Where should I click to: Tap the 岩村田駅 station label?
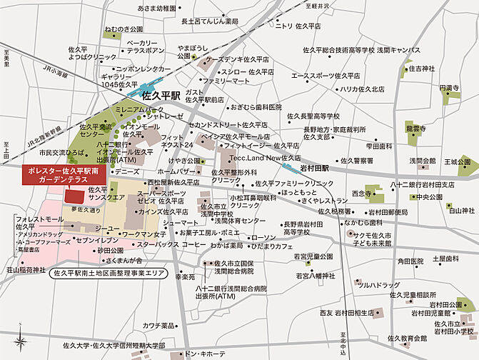point(315,169)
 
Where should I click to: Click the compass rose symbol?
point(22,341)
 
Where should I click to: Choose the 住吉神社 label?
point(421,69)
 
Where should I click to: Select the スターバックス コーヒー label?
point(171,244)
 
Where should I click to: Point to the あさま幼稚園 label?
point(156,9)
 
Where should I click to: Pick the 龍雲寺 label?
point(416,129)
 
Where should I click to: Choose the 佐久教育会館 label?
point(408,339)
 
